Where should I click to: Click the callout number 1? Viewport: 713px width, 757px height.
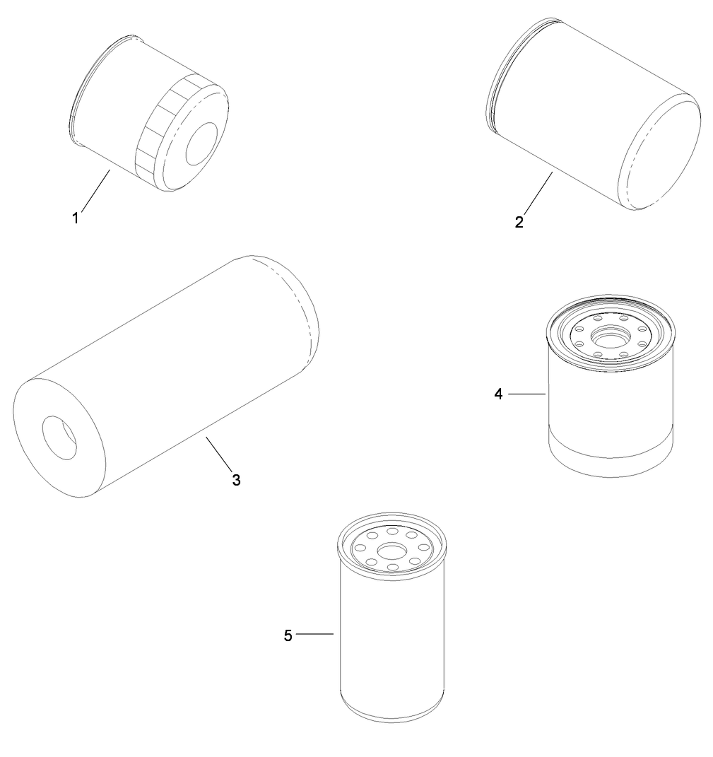(75, 218)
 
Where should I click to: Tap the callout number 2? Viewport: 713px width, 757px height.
(519, 222)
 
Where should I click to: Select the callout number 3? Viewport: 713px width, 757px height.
(236, 480)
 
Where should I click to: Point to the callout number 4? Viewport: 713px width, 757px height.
(498, 394)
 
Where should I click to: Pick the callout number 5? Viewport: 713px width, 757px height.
(288, 635)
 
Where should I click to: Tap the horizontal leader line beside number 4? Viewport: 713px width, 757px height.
(527, 394)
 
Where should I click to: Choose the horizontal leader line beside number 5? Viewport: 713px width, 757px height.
(314, 635)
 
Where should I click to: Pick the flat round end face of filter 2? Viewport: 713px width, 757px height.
(659, 154)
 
